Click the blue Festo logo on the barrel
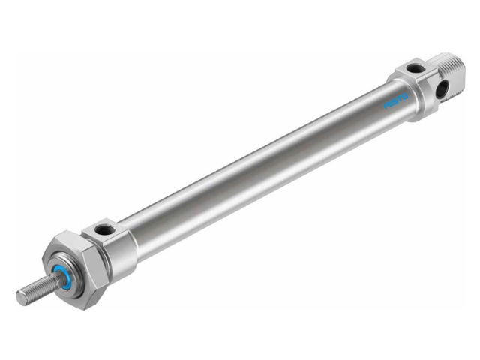coord(394,101)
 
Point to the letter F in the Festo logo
coord(385,106)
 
